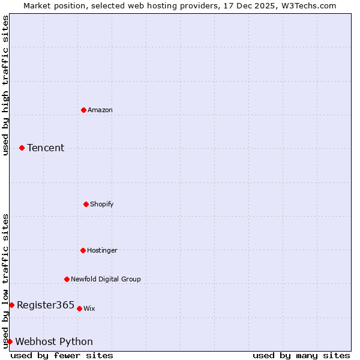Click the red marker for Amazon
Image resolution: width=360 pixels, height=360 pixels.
[x=83, y=110]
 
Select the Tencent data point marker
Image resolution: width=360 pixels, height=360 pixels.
[x=22, y=148]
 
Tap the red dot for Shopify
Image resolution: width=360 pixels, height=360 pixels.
[x=86, y=204]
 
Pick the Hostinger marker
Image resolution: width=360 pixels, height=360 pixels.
[x=83, y=250]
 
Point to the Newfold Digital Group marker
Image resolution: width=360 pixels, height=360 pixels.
[x=67, y=279]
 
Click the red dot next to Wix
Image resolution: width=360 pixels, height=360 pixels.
[x=79, y=308]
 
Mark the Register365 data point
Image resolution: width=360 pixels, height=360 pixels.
[x=11, y=305]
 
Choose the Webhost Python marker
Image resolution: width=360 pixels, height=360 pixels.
[x=10, y=341]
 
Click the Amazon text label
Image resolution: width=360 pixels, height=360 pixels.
[x=100, y=110]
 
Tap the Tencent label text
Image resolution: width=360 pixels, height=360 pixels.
[x=46, y=148]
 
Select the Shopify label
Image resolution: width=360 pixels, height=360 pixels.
[x=102, y=204]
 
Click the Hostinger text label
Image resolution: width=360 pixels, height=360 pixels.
[x=103, y=250]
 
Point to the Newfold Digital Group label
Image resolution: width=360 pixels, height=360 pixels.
[x=106, y=279]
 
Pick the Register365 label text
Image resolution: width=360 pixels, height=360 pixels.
[x=46, y=305]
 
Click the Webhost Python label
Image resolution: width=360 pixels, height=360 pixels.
[x=54, y=341]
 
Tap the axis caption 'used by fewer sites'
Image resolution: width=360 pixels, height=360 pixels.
[x=62, y=355]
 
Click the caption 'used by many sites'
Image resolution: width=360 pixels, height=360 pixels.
[x=301, y=355]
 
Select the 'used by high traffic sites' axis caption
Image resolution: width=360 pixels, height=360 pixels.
[x=5, y=85]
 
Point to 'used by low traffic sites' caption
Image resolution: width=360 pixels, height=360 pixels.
[x=5, y=281]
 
